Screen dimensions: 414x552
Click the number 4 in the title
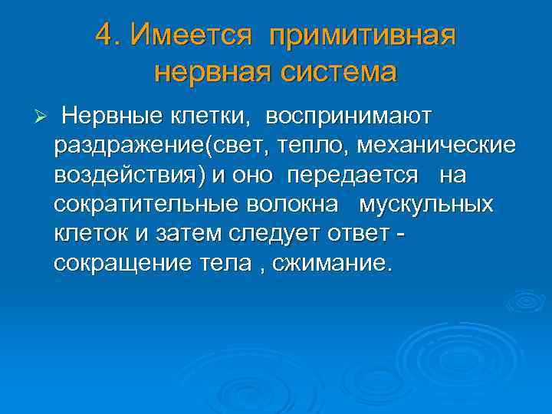[106, 34]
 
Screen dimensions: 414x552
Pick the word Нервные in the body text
[112, 117]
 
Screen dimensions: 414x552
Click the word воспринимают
[350, 117]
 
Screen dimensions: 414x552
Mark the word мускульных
[426, 205]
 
